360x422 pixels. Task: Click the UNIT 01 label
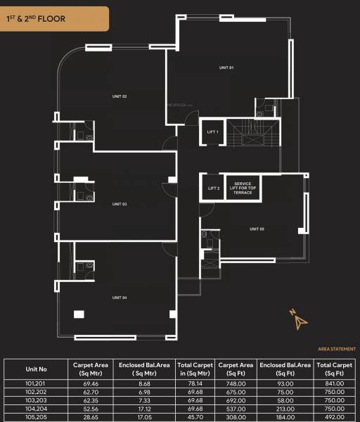click(x=226, y=68)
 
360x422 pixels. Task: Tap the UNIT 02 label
click(x=120, y=96)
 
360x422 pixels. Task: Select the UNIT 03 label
click(x=120, y=204)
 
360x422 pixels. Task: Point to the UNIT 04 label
click(x=120, y=298)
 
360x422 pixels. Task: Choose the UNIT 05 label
click(x=257, y=229)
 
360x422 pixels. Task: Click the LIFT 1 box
click(x=212, y=132)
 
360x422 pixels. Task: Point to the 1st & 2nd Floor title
click(x=39, y=19)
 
